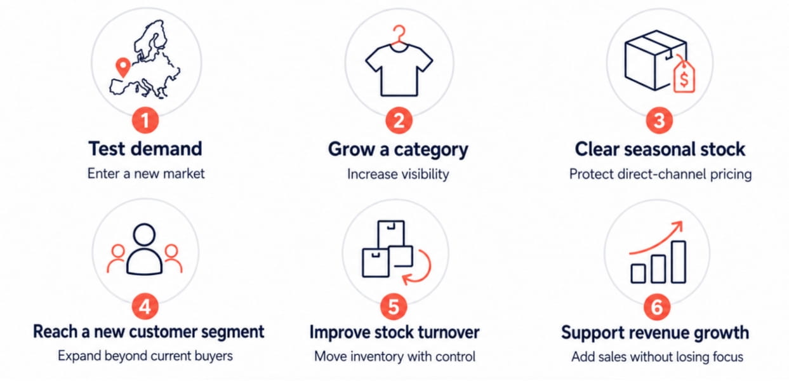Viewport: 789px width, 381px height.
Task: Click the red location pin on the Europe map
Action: (x=123, y=67)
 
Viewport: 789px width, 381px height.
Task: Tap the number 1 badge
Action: (x=145, y=120)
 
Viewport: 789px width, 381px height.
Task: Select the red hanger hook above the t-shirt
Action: (x=399, y=34)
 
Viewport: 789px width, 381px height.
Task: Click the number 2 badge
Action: (x=399, y=121)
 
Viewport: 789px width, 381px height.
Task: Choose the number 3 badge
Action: (x=659, y=121)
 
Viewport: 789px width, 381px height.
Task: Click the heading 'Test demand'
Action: (x=145, y=149)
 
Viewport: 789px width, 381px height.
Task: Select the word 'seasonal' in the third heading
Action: (x=660, y=149)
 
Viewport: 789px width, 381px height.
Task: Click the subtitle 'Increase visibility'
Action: (x=398, y=174)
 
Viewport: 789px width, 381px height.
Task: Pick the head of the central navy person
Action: (x=145, y=234)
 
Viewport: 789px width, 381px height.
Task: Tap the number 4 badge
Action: (x=145, y=306)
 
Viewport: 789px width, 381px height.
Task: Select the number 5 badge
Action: (x=394, y=307)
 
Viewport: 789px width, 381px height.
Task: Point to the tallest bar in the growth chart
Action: (x=679, y=262)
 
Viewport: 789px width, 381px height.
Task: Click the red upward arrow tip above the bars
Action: (x=682, y=222)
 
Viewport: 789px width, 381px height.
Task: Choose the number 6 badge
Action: (x=657, y=307)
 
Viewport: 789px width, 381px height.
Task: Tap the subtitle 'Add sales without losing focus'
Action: (x=657, y=357)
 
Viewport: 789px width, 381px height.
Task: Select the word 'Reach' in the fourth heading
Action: (x=56, y=331)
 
